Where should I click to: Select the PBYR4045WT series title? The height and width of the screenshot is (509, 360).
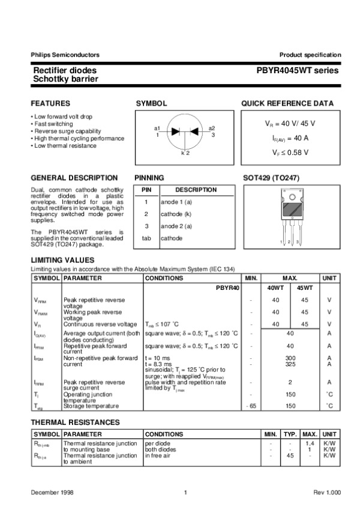[x=298, y=70]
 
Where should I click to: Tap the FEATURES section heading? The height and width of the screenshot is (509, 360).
[x=50, y=103]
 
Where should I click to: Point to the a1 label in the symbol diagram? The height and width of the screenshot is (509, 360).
[x=157, y=128]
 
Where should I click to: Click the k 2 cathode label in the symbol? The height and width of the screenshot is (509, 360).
[x=185, y=154]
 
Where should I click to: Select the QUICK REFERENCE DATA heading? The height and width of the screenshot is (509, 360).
[x=287, y=103]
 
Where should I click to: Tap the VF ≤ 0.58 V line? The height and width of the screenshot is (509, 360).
[x=290, y=153]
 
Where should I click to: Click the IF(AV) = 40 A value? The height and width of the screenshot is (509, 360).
[x=290, y=138]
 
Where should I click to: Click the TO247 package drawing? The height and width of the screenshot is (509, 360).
[x=291, y=216]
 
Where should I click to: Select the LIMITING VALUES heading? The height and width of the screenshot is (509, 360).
[x=62, y=259]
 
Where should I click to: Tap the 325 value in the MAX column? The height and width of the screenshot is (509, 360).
[x=290, y=364]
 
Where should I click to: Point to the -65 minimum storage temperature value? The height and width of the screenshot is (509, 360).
[x=251, y=406]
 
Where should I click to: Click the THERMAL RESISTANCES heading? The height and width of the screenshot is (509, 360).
[x=75, y=423]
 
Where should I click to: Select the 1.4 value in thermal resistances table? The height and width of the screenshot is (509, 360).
[x=310, y=443]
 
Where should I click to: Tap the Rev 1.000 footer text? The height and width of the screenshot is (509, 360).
[x=326, y=492]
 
